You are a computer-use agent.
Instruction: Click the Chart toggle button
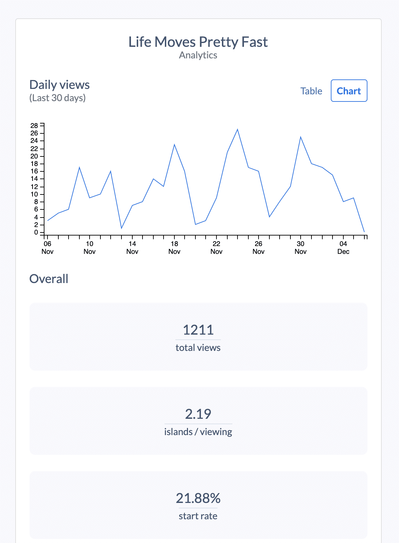pos(349,91)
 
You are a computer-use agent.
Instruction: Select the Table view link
pos(311,91)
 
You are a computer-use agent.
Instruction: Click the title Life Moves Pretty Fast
pos(198,42)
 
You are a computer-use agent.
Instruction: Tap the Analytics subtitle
pos(198,55)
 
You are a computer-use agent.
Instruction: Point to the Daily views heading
pos(60,85)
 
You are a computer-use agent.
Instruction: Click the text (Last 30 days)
pos(58,98)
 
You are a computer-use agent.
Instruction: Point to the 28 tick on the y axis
pos(34,126)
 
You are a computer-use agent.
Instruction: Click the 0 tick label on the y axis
pos(36,232)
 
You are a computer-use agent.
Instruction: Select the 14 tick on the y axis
pos(34,179)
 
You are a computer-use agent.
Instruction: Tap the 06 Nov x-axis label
pos(47,247)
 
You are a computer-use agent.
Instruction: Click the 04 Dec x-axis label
pos(343,247)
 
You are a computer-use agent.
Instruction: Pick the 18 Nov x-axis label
pos(174,247)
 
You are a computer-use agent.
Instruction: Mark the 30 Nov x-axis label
pos(301,247)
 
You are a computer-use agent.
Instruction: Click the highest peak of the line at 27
pos(237,129)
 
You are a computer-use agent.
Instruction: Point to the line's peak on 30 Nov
pos(301,137)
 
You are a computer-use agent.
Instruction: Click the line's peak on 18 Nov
pos(174,145)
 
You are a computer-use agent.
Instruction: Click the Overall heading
pos(49,279)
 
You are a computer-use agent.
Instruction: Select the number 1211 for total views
pos(198,330)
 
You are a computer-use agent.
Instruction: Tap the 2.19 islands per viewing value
pos(198,414)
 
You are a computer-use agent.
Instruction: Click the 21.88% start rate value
pos(198,498)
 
